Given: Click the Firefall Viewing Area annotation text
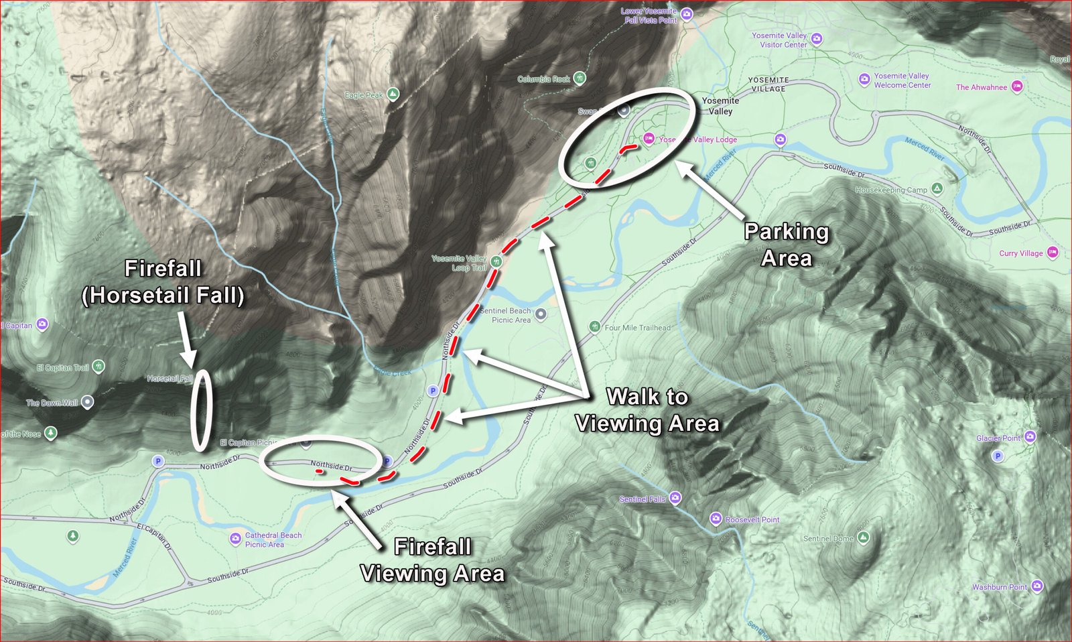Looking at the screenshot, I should click(432, 560).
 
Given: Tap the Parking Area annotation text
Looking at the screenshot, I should click(787, 245).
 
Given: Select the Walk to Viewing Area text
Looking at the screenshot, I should click(647, 410).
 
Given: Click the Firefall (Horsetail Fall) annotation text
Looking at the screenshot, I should click(163, 281).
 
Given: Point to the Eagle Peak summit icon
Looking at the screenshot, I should click(393, 94).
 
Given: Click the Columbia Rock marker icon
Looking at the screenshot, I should click(580, 78).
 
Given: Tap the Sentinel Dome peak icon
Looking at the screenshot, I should click(863, 537).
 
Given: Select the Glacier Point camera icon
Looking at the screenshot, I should click(1030, 437).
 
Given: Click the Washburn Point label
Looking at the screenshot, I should click(999, 587).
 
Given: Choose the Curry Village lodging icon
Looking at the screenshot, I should click(1053, 253).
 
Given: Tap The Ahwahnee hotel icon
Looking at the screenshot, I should click(1017, 86).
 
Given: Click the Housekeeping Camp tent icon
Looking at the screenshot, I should click(937, 189).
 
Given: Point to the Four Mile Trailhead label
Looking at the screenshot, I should click(637, 328).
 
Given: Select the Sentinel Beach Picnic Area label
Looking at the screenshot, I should click(506, 315).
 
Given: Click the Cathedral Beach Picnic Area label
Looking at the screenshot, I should click(273, 539).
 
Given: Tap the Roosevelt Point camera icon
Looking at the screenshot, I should click(716, 519).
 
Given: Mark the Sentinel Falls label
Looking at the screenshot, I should click(642, 499).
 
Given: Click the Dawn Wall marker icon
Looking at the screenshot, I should click(87, 402).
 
